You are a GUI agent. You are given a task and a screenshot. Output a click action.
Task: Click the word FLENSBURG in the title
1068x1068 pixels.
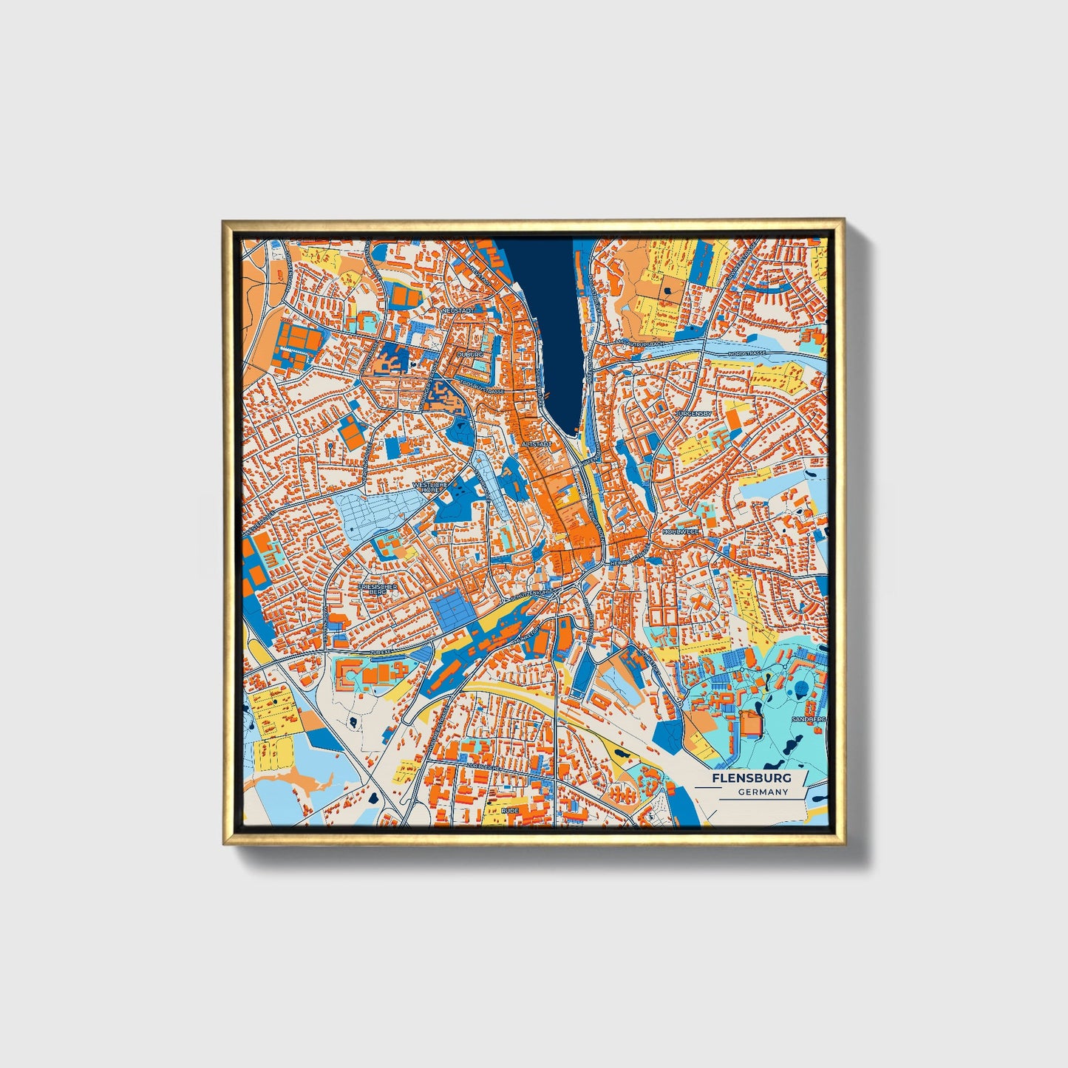751,778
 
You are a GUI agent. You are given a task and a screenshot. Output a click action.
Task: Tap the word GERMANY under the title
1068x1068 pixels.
763,792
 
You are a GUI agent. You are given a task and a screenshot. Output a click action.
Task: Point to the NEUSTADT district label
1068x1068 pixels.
458,311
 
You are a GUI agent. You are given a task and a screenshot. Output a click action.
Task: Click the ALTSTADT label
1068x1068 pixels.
537,444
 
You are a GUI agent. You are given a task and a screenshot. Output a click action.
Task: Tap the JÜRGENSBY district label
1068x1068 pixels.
693,414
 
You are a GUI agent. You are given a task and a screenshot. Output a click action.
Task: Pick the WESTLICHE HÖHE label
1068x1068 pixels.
430,487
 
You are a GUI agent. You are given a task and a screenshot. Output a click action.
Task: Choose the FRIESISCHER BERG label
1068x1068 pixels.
378,589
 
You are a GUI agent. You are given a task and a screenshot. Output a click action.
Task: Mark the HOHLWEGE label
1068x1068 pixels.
680,531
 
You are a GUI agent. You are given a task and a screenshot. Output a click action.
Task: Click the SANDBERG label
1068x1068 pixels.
808,718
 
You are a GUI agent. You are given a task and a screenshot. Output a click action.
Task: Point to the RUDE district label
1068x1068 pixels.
510,811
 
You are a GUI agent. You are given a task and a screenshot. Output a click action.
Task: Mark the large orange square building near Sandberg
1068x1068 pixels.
751,722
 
